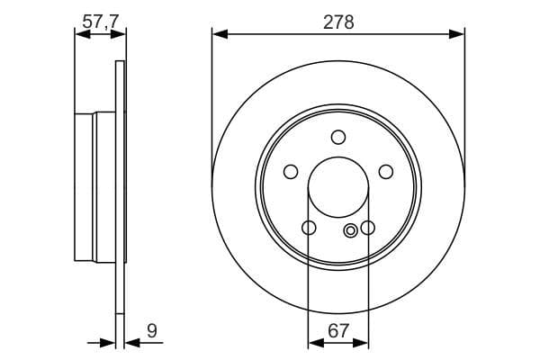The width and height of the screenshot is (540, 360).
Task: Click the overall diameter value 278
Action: click(x=338, y=22)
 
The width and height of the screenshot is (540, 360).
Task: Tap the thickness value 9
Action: click(x=151, y=331)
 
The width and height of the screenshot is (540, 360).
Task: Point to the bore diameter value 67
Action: click(x=338, y=331)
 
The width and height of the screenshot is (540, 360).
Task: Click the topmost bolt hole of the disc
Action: click(x=338, y=137)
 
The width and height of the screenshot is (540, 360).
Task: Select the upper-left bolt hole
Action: click(x=291, y=172)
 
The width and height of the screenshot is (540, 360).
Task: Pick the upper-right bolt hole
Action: click(x=386, y=172)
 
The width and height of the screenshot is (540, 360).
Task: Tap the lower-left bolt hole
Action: click(x=309, y=229)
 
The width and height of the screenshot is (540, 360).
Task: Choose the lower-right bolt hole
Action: click(x=368, y=229)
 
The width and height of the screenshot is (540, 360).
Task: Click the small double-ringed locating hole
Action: click(x=351, y=229)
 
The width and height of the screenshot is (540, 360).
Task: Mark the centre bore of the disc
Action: click(x=338, y=188)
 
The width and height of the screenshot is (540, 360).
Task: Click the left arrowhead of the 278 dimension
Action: click(x=218, y=35)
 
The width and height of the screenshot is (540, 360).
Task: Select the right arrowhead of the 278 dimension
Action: click(x=459, y=35)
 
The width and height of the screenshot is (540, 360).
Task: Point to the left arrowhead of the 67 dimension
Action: click(x=313, y=342)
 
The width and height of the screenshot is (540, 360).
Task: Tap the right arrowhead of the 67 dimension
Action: click(x=364, y=342)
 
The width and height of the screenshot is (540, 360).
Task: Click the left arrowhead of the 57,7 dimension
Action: click(x=79, y=35)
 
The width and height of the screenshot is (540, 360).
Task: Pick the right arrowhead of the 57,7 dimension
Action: click(x=120, y=35)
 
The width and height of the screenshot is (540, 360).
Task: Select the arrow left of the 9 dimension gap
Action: click(x=111, y=342)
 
